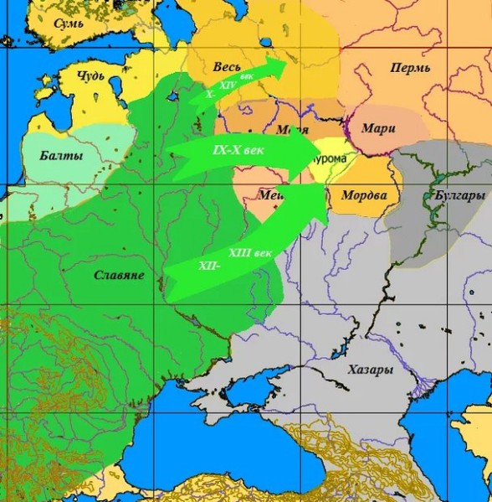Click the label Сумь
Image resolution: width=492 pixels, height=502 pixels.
(68, 24)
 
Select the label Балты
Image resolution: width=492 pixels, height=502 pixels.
(63, 156)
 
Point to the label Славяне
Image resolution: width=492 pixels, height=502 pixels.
(119, 275)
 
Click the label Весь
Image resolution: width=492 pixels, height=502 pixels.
(228, 66)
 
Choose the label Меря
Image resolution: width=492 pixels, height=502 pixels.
(291, 130)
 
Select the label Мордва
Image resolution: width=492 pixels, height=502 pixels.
(364, 195)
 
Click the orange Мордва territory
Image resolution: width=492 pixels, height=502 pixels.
(360, 210)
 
